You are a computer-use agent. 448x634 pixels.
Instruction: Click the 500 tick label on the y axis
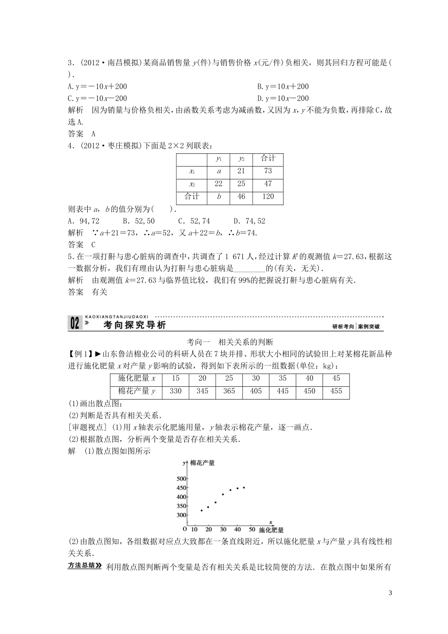(x=182, y=478)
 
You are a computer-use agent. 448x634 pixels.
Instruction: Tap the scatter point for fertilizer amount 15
(x=201, y=510)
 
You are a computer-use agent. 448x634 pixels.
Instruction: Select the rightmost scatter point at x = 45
(x=244, y=487)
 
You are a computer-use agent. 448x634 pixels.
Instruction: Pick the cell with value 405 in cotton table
(x=256, y=391)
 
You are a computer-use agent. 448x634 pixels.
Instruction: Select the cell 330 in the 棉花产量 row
(x=175, y=391)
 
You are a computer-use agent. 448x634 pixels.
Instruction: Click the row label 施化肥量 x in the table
(x=133, y=378)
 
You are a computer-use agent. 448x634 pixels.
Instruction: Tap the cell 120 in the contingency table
(x=268, y=196)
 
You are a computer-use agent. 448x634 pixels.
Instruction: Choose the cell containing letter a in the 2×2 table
(x=219, y=171)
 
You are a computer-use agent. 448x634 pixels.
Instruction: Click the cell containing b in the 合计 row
(x=219, y=196)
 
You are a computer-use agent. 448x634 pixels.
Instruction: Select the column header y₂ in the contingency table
(x=241, y=159)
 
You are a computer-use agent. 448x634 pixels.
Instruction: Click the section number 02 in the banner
(x=75, y=324)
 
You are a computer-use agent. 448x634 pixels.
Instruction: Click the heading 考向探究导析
(x=134, y=325)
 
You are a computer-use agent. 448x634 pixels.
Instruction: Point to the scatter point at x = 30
(x=223, y=494)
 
